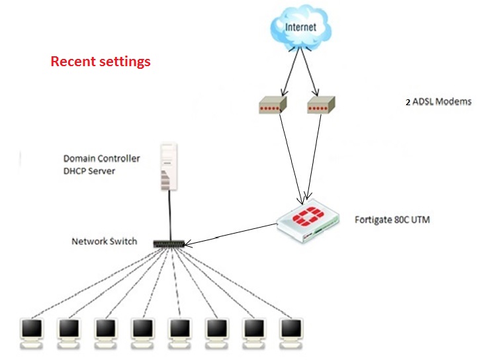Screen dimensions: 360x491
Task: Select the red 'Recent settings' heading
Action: click(101, 62)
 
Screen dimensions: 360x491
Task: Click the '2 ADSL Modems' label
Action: click(438, 103)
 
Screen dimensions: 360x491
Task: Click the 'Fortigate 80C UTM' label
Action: click(392, 218)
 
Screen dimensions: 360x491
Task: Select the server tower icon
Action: click(170, 167)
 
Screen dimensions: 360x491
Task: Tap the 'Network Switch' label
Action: click(104, 242)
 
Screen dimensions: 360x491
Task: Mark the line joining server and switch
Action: click(170, 215)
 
